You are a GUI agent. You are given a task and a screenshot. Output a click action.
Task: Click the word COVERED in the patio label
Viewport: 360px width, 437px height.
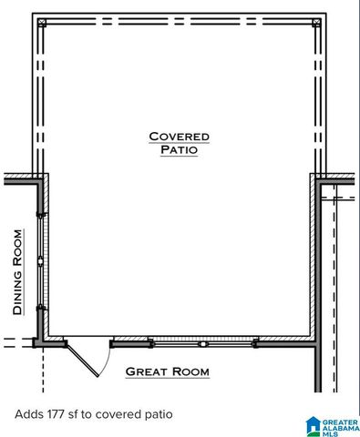pyautogui.click(x=180, y=137)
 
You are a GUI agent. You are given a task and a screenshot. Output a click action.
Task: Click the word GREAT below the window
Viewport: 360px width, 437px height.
pyautogui.click(x=146, y=371)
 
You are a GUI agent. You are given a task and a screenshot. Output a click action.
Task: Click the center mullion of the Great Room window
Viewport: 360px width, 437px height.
pyautogui.click(x=204, y=343)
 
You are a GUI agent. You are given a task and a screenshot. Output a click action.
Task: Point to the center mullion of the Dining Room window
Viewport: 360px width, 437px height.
pyautogui.click(x=40, y=261)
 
